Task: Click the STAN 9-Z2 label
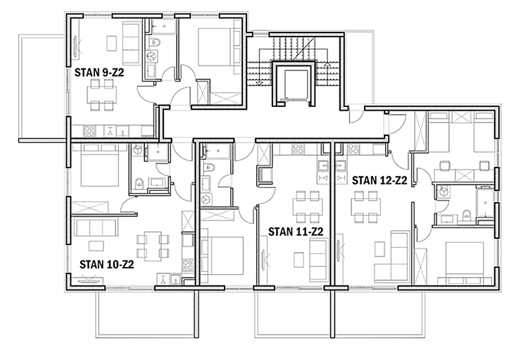[99, 73]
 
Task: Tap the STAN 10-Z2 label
[107, 265]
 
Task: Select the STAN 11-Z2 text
[296, 232]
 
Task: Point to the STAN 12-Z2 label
[379, 180]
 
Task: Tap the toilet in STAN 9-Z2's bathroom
[156, 42]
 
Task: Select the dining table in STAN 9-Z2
[102, 94]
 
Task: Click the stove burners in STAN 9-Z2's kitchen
[89, 131]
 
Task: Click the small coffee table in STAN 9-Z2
[112, 43]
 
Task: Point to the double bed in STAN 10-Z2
[100, 166]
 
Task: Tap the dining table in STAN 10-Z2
[153, 246]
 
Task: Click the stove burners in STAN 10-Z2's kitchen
[187, 265]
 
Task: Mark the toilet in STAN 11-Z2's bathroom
[210, 166]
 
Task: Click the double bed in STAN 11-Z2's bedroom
[222, 256]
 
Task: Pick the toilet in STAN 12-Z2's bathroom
[466, 214]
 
